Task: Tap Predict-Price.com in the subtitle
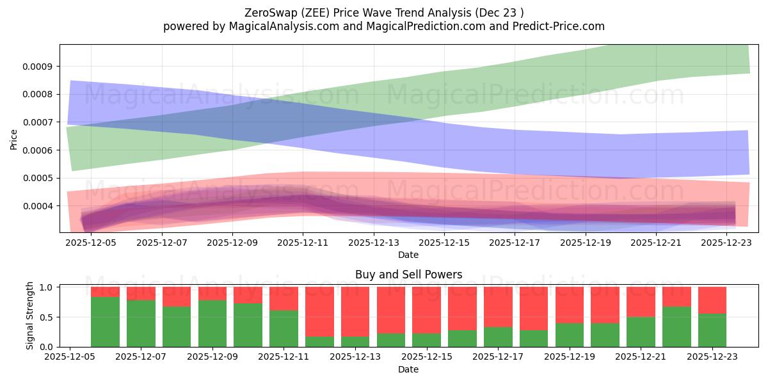(x=561, y=26)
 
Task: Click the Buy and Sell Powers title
(x=408, y=275)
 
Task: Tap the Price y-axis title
(x=14, y=138)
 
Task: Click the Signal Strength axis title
(x=29, y=316)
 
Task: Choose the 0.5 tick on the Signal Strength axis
(x=47, y=317)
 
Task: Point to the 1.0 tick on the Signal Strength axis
(x=47, y=287)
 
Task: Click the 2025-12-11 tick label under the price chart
(x=303, y=243)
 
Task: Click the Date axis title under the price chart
(x=408, y=255)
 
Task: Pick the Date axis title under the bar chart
(x=408, y=369)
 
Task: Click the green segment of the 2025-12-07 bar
(x=141, y=323)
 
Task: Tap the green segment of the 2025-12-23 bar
(x=712, y=330)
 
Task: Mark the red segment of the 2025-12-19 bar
(x=570, y=305)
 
